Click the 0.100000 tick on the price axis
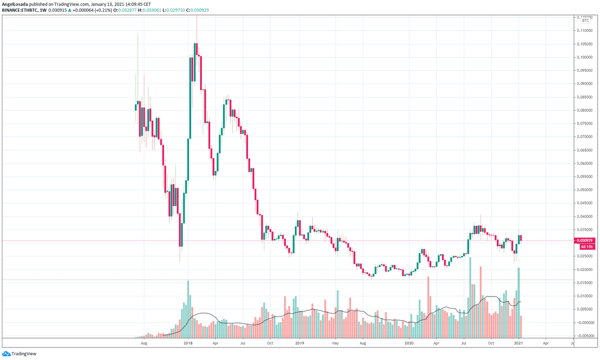(584, 57)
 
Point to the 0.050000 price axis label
(584, 190)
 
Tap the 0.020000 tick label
(584, 270)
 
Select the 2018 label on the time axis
(188, 343)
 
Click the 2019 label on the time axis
(298, 343)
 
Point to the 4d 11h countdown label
(586, 246)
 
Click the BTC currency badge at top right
(585, 21)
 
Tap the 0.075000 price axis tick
(584, 124)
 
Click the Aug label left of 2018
(144, 343)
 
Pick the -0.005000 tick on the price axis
(584, 336)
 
